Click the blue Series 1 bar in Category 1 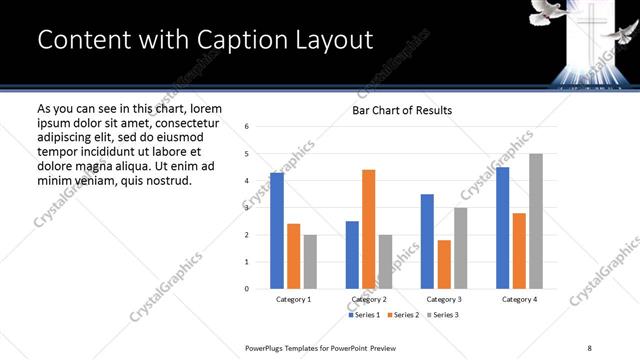[x=277, y=231]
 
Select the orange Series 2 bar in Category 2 [x=368, y=229]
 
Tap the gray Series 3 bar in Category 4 [x=536, y=221]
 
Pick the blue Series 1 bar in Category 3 [x=427, y=241]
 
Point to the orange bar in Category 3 [x=444, y=264]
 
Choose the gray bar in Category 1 [x=310, y=262]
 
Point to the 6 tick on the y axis [x=247, y=127]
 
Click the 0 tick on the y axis [x=247, y=289]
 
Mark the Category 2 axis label [x=368, y=299]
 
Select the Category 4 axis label [x=518, y=299]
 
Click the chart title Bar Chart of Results [x=402, y=110]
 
